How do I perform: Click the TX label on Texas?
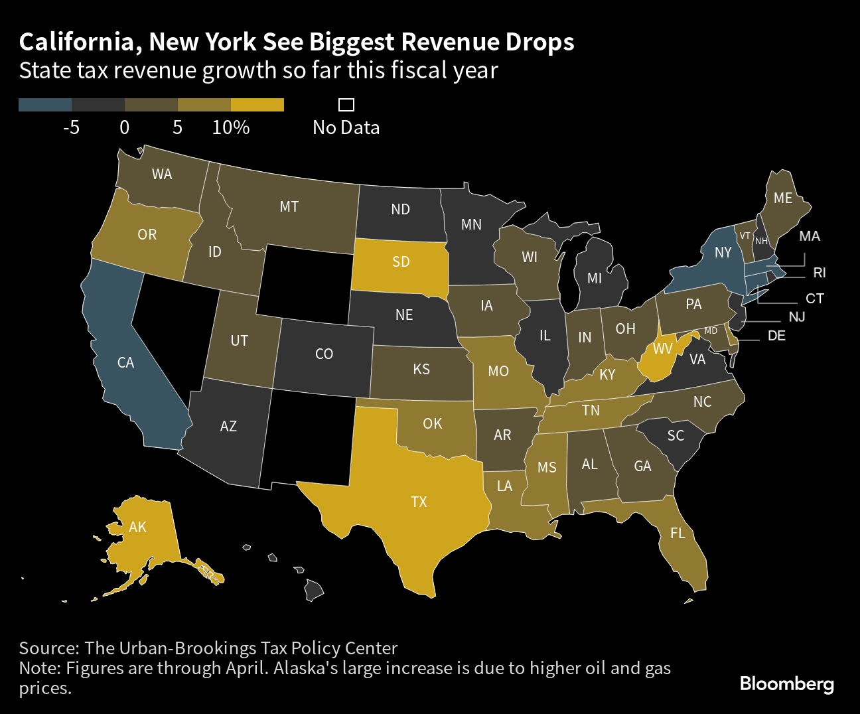(x=419, y=502)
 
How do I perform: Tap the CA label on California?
(x=125, y=362)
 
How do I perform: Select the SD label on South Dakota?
(x=401, y=261)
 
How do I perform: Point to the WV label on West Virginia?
(x=663, y=348)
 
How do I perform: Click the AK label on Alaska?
(x=137, y=527)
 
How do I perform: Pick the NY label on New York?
(x=723, y=252)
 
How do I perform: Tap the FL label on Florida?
(x=678, y=533)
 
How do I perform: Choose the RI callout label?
(x=820, y=273)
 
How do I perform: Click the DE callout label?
(x=776, y=336)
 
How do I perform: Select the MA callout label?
(x=810, y=236)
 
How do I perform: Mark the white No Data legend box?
(x=346, y=105)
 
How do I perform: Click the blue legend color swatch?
(x=45, y=105)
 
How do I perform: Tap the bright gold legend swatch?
(x=257, y=105)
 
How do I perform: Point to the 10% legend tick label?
(x=231, y=127)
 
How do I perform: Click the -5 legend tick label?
(x=71, y=127)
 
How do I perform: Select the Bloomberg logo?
(x=786, y=683)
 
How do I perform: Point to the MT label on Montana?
(x=289, y=206)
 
